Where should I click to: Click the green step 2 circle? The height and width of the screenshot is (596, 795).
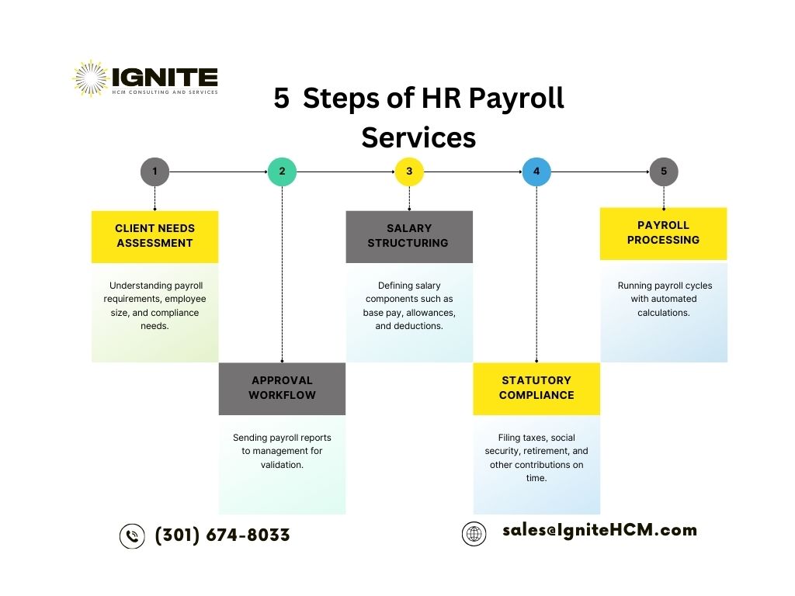(282, 172)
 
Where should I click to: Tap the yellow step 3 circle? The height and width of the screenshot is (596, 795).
(409, 172)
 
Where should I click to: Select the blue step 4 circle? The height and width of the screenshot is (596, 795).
(536, 172)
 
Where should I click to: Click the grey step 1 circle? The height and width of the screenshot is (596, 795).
(154, 172)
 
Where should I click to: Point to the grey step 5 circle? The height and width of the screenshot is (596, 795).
(664, 172)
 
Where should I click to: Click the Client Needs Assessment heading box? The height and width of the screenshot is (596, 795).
(154, 237)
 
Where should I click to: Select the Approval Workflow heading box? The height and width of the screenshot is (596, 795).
(282, 389)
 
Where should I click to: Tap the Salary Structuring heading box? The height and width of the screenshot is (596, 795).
(409, 237)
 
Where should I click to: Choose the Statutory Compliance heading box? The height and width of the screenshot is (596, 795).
(536, 389)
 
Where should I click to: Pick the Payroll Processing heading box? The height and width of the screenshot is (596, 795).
(663, 234)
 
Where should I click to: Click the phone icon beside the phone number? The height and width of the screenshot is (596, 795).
(132, 536)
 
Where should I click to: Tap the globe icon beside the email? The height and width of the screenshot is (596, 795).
(474, 534)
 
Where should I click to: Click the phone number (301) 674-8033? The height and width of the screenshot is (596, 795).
(222, 535)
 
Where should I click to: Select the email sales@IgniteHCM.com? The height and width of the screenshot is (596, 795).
(600, 530)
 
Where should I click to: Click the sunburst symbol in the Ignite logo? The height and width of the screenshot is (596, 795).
(91, 78)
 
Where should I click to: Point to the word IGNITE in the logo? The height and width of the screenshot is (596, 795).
(165, 77)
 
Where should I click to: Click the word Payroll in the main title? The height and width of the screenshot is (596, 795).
(516, 99)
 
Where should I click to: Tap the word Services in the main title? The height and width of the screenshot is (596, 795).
(418, 137)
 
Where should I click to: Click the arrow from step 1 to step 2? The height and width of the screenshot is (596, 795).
(218, 172)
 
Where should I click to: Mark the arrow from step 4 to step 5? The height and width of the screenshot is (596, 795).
(600, 172)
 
